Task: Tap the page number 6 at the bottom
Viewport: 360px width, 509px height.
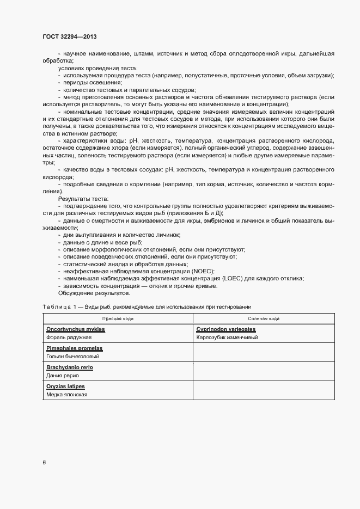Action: (45, 463)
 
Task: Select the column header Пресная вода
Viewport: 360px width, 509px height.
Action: (118, 318)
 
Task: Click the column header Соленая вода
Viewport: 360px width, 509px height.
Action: (264, 318)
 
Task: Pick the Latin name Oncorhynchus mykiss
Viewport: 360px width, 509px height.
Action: (76, 330)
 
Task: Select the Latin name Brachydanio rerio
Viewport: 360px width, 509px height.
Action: (70, 367)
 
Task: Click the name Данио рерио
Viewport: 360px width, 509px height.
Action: (63, 376)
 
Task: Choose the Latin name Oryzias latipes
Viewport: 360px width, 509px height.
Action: (66, 387)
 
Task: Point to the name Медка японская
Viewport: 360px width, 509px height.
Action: (67, 395)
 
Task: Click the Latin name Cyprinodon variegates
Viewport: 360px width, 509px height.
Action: (226, 330)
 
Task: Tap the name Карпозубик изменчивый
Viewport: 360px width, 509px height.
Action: (227, 338)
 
